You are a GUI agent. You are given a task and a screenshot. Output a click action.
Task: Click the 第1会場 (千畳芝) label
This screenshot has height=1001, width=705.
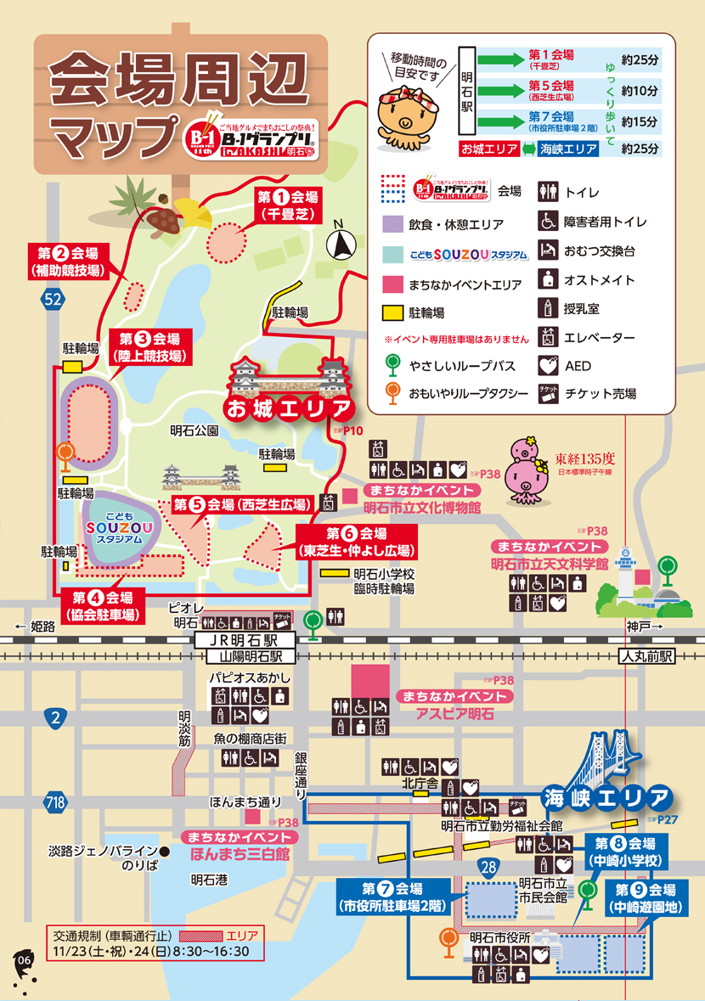pos(289,205)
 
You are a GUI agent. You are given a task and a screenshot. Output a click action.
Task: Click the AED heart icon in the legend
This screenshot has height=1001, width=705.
pos(548,366)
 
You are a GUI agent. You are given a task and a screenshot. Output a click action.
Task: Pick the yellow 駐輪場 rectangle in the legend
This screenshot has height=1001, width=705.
pos(393,312)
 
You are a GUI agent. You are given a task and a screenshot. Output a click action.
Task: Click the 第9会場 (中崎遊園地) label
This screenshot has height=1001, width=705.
pos(646,897)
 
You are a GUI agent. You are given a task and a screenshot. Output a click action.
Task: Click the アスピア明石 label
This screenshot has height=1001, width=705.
pos(454,714)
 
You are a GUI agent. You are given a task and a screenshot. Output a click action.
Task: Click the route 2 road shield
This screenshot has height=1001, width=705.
pos(54,718)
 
